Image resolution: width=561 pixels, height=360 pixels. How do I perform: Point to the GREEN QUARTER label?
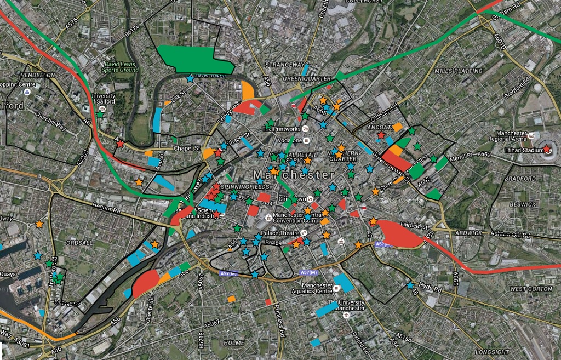pos(307,79)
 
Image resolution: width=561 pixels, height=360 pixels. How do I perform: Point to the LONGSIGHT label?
pos(492,352)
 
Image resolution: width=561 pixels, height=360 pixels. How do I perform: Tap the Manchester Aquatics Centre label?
pos(310,288)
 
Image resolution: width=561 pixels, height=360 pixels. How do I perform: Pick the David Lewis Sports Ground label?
pos(121,67)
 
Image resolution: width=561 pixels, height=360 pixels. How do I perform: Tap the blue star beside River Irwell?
pos(190,79)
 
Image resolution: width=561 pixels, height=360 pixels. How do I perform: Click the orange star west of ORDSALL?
pos(39,224)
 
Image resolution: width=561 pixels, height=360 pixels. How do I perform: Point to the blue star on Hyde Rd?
pos(410,285)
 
